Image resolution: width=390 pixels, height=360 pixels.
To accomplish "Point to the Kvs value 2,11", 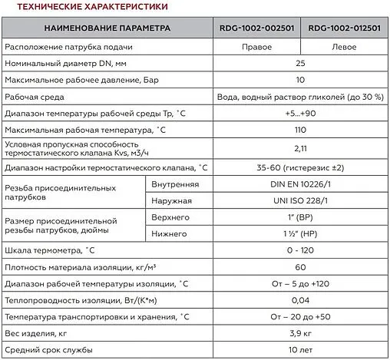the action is (x=301, y=149).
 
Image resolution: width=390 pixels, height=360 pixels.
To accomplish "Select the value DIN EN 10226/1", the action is (x=301, y=185).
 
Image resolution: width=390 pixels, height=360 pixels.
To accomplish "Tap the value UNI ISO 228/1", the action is (x=301, y=201).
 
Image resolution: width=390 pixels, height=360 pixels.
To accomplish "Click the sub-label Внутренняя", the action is (x=176, y=185).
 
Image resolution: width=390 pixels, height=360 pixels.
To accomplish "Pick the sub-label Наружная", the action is (x=172, y=201).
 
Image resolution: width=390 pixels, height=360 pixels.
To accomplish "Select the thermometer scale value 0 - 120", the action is (x=301, y=250).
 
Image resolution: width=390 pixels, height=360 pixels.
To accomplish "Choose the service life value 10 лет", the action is (x=301, y=349).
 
